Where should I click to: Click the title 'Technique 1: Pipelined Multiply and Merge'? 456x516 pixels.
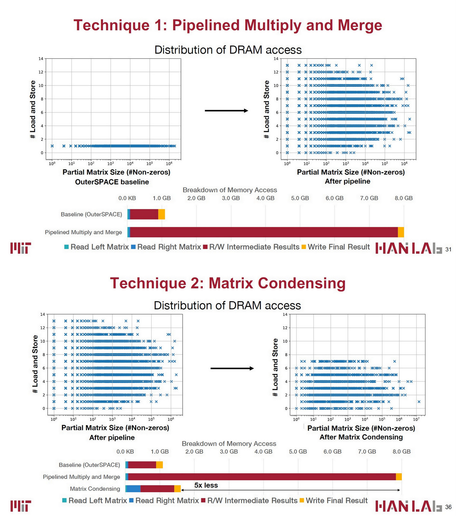[228, 25]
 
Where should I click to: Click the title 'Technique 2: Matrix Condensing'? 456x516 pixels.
[228, 283]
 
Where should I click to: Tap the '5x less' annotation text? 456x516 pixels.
[206, 485]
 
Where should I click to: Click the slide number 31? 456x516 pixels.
[448, 249]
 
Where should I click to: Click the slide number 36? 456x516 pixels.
[448, 507]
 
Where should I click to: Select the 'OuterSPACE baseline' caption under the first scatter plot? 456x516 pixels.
[112, 182]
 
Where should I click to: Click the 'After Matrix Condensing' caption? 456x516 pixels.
[361, 437]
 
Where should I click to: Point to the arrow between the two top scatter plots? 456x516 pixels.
[226, 111]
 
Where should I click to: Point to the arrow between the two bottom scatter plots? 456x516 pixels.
[232, 368]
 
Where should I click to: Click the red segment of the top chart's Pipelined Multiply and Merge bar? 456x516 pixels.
[264, 232]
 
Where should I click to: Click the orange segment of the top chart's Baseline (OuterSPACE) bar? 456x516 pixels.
[162, 214]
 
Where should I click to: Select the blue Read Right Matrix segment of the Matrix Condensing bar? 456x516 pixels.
[134, 489]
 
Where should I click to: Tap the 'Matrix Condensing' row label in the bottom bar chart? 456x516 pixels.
[95, 489]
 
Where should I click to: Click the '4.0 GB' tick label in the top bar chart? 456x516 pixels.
[265, 198]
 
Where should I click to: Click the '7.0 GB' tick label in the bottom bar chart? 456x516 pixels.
[367, 451]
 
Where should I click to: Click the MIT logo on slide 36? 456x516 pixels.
[21, 506]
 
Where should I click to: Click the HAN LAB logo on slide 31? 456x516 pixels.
[408, 248]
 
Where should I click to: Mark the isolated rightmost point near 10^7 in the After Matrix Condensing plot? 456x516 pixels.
[419, 402]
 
